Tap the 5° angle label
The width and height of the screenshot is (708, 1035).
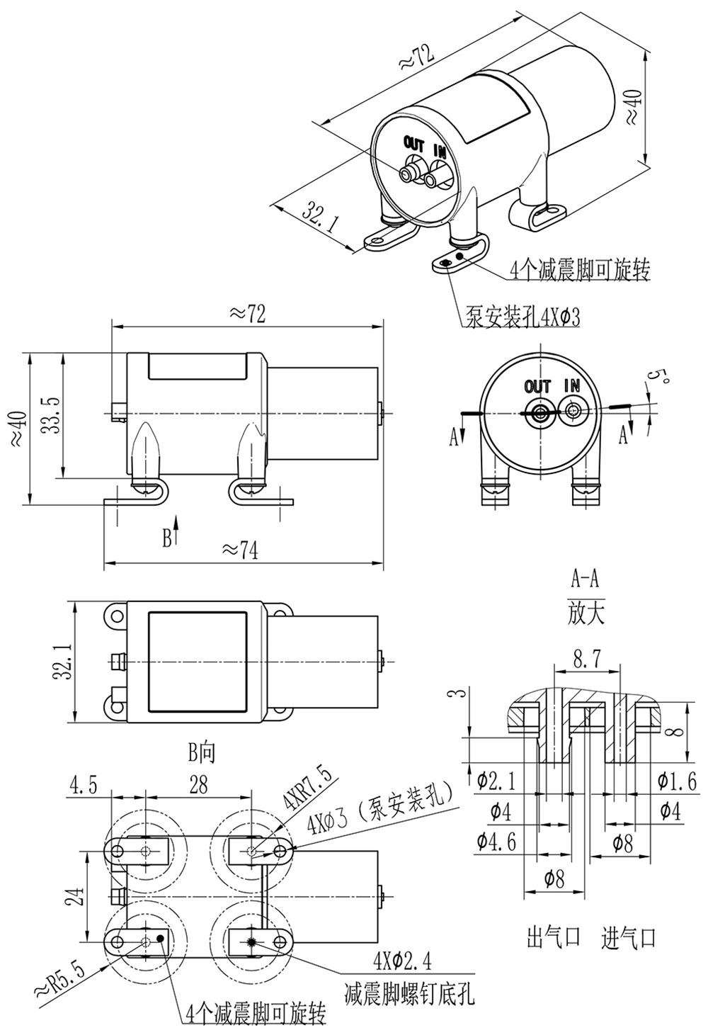point(661,376)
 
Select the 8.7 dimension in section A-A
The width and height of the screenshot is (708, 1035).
point(586,660)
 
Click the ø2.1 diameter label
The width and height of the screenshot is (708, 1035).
point(496,781)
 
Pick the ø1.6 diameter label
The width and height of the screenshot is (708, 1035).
point(677,781)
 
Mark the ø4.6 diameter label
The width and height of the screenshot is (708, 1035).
point(496,841)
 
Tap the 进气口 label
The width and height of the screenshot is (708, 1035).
point(629,939)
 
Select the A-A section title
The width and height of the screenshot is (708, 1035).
point(586,580)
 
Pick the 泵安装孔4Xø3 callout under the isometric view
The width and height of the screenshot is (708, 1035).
point(523,316)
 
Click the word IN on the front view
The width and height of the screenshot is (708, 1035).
point(571,385)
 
